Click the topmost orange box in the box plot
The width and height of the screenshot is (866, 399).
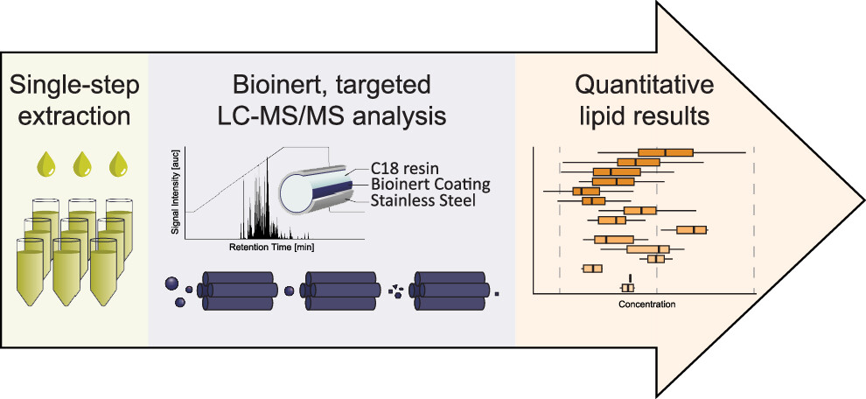pyautogui.click(x=665, y=152)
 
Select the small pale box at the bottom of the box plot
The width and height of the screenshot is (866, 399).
pyautogui.click(x=627, y=288)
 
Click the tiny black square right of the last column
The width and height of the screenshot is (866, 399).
pyautogui.click(x=497, y=293)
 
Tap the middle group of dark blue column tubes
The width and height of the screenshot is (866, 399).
pyautogui.click(x=342, y=289)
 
